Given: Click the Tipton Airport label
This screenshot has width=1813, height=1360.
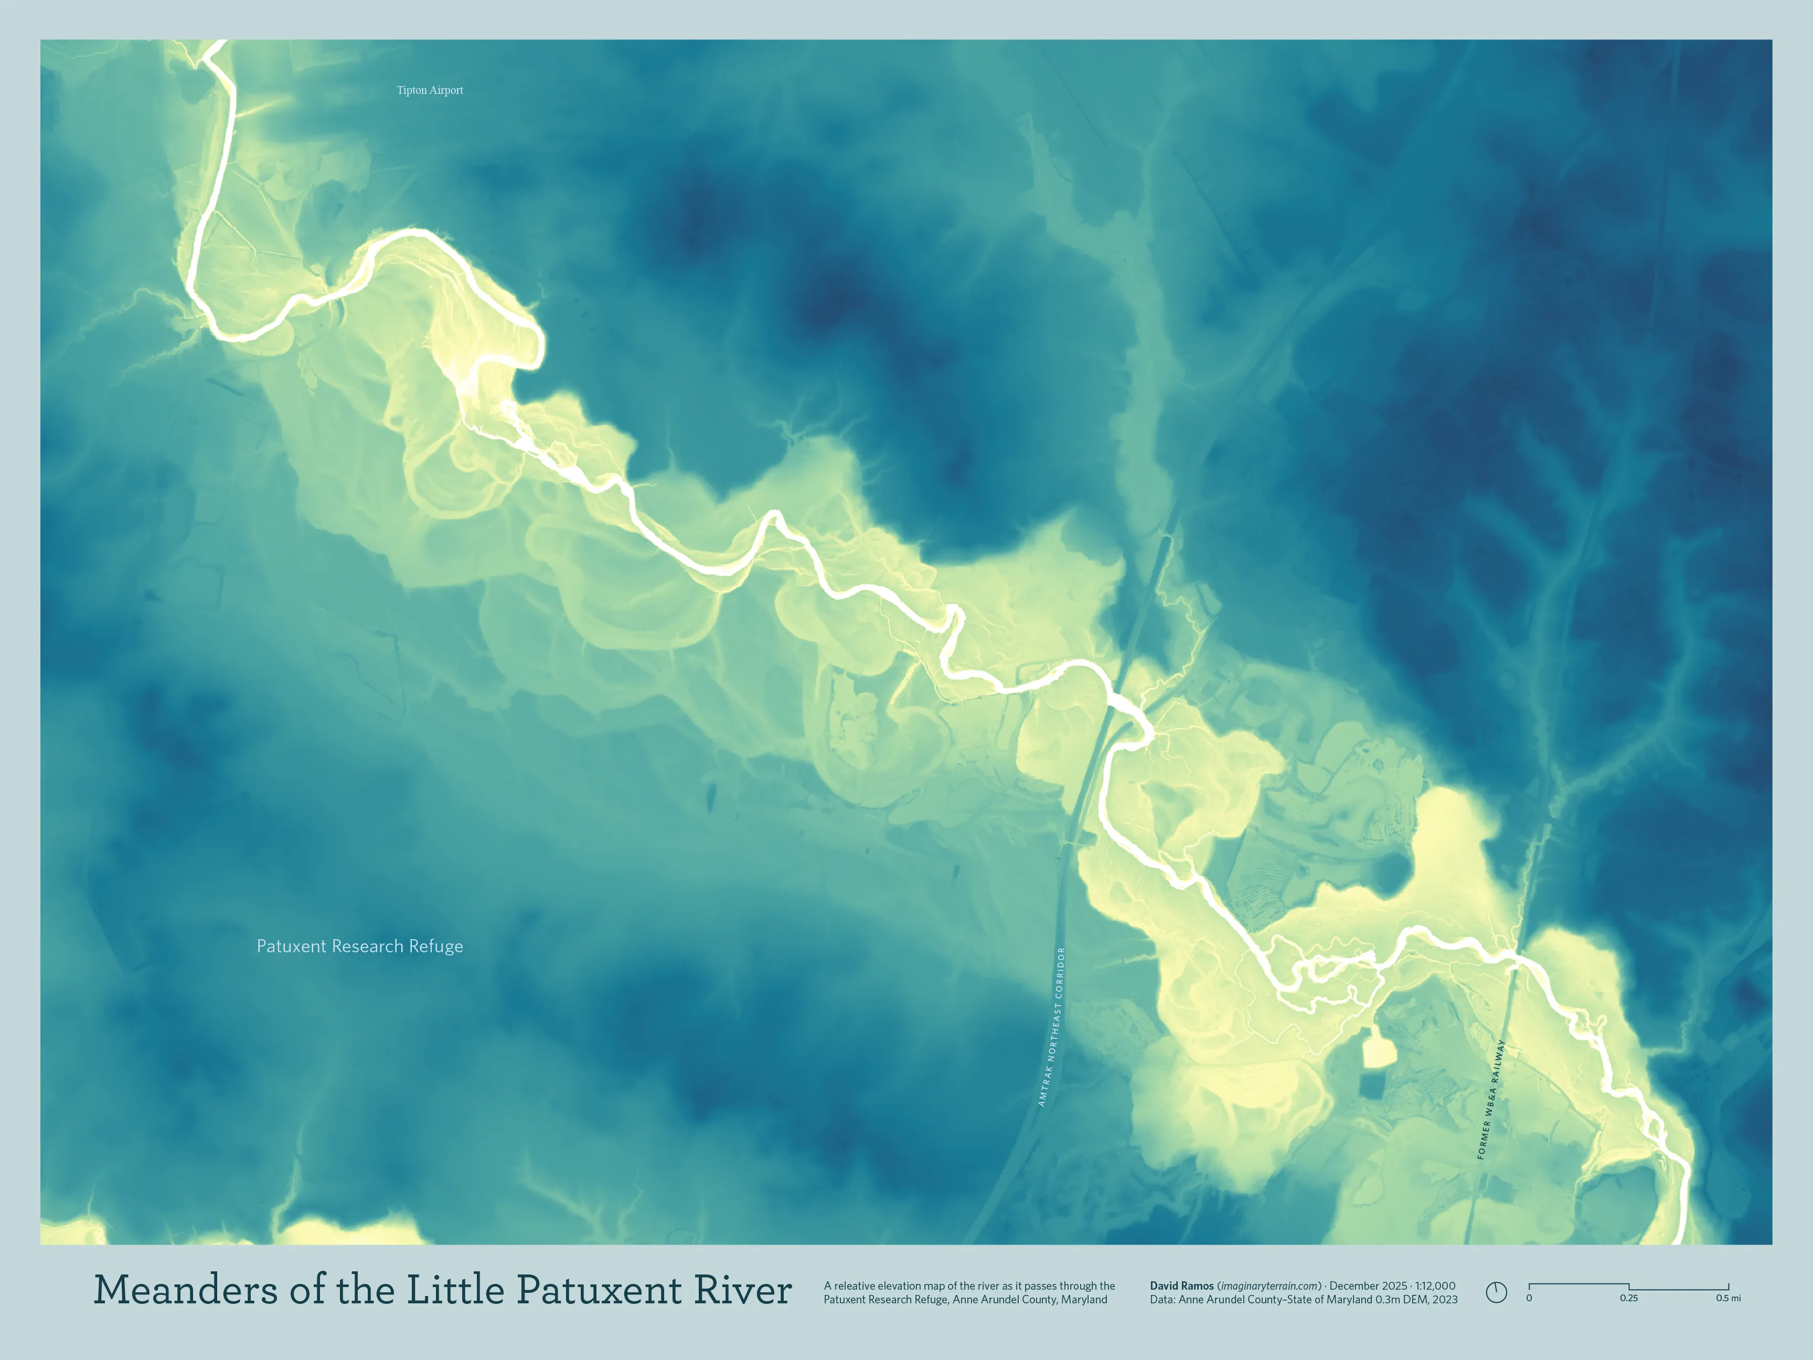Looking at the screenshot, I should pos(430,90).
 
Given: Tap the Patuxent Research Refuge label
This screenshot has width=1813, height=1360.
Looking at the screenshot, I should pos(360,946).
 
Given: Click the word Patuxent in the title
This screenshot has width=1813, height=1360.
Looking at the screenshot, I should pos(599,1290).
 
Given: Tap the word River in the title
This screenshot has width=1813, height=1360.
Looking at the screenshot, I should pos(743,1290).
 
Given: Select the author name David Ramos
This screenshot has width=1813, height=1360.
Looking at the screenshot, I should pos(1181,1285).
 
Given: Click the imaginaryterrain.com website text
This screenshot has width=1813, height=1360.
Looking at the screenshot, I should pos(1270,1285).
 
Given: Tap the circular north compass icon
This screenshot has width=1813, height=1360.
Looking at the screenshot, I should pos(1496,1292).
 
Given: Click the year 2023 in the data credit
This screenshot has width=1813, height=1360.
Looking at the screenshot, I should pos(1444,1299).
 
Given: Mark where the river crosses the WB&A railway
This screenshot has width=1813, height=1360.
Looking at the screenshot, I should pos(1514,958).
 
